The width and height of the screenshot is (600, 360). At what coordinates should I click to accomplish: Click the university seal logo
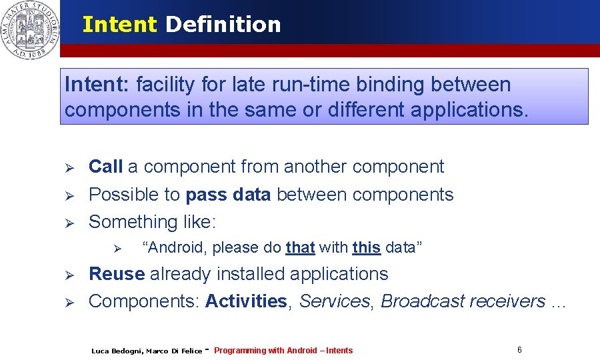[x=29, y=30]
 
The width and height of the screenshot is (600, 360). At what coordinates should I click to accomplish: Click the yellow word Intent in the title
[x=120, y=25]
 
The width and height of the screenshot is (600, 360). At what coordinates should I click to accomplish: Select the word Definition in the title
[x=223, y=25]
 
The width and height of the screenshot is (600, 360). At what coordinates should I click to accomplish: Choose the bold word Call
[x=105, y=167]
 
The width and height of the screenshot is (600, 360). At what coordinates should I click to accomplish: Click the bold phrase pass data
[x=228, y=195]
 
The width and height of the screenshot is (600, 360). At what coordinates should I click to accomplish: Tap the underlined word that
[x=300, y=248]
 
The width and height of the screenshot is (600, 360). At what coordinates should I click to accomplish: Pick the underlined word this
[x=367, y=248]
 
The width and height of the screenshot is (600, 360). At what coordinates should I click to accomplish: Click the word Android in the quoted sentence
[x=176, y=248]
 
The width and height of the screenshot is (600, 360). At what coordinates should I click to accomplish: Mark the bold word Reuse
[x=117, y=274]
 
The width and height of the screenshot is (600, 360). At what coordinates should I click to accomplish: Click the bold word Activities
[x=246, y=301]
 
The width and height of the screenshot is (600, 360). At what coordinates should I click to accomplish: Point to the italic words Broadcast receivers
[x=463, y=301]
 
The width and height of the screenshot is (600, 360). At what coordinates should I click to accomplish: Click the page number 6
[x=519, y=350]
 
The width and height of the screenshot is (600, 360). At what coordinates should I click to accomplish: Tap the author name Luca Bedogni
[x=116, y=351]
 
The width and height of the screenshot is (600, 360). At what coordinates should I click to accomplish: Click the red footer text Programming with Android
[x=265, y=351]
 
